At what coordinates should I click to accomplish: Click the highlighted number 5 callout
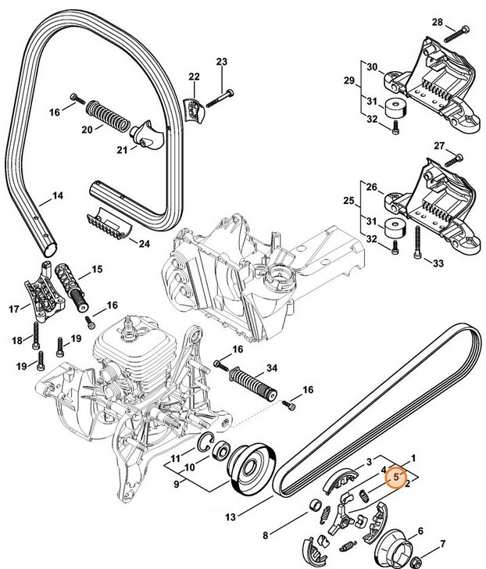point(396,474)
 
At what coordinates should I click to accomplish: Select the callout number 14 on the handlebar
point(57,195)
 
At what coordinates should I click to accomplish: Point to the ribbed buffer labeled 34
point(252,385)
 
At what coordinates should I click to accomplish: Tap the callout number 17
point(14,309)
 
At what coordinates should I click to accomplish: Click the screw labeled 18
point(37,337)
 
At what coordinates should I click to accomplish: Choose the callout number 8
point(266,535)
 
